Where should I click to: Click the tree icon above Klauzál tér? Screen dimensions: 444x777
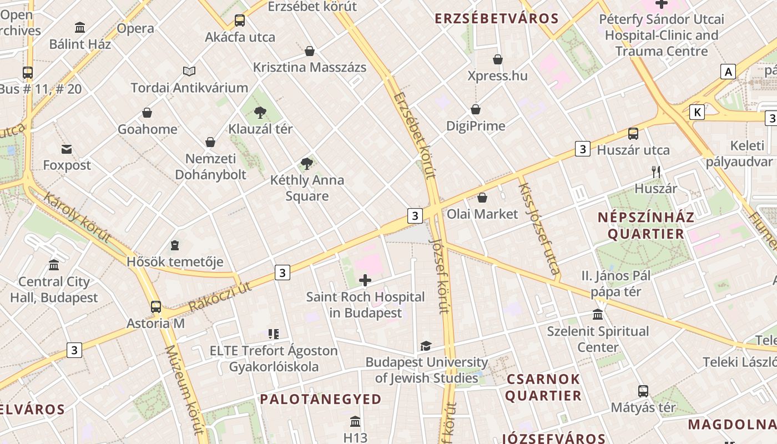point(260,113)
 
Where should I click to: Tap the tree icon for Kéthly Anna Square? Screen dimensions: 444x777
point(306,163)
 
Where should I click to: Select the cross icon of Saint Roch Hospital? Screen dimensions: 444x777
point(365,280)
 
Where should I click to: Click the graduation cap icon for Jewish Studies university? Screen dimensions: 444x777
point(426,346)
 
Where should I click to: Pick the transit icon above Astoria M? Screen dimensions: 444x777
point(156,307)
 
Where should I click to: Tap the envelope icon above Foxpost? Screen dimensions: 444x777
point(67,149)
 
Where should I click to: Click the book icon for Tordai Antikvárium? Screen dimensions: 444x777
point(189,71)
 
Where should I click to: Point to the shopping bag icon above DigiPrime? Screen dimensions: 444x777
point(476,109)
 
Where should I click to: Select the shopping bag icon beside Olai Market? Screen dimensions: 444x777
point(482,197)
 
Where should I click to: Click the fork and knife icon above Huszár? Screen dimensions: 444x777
point(656,171)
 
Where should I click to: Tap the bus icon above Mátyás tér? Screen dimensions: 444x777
point(643,391)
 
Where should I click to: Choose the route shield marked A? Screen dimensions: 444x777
point(728,71)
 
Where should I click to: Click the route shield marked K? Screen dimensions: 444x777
point(697,112)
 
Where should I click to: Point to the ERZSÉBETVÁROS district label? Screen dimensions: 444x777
point(496,18)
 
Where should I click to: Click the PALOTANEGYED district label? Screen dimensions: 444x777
point(321,399)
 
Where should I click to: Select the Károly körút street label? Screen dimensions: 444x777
point(77,217)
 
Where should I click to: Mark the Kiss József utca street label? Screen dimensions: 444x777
point(538,228)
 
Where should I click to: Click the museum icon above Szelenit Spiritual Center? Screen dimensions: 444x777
point(598,315)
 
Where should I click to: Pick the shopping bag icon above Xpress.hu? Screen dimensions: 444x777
point(498,59)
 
